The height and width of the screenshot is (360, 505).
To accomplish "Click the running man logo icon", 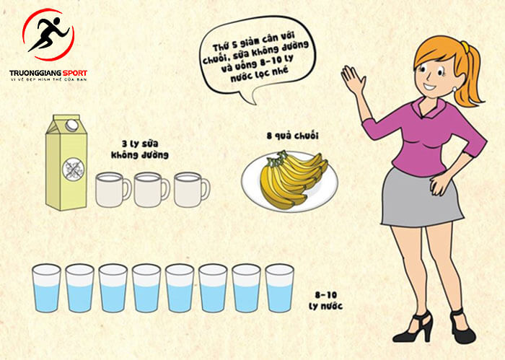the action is pos(48,35).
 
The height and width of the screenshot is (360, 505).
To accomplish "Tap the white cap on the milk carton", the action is pos(71,125).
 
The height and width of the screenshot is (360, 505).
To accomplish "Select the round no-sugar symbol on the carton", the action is pos(74,169).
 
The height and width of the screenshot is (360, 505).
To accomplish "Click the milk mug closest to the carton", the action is pos(113,190).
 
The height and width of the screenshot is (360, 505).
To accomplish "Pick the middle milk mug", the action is pos(151,190).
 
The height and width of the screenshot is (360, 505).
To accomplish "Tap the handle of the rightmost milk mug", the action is pos(205,190).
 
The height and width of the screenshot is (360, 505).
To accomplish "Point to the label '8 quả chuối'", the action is pos(292,136).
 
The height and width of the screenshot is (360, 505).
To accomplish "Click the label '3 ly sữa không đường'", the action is pos(140,150).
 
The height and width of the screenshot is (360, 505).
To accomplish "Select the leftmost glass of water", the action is pos(46,288).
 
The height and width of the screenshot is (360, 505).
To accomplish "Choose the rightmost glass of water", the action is pos(280,288).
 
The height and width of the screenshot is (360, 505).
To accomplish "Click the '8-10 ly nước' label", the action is pos(325,300).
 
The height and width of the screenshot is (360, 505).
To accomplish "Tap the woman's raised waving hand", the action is pos(353,79).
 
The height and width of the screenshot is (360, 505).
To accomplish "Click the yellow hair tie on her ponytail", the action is pos(464,46).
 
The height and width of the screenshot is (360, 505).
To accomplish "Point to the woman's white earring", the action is pos(454,88).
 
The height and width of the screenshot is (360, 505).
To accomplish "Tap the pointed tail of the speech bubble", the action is pos(255,104).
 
